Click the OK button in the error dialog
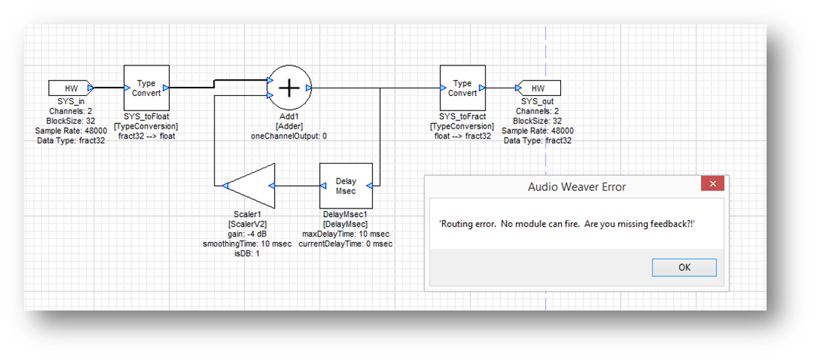[684, 267]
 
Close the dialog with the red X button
[712, 185]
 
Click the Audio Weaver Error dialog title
[576, 186]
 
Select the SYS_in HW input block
[70, 88]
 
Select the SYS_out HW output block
[537, 88]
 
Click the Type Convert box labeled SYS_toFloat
[145, 88]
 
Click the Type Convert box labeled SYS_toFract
[462, 88]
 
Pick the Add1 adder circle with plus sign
[288, 88]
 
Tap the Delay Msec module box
[346, 185]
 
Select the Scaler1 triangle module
[250, 185]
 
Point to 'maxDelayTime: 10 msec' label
[346, 234]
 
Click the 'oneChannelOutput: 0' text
[288, 136]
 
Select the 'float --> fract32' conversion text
[462, 136]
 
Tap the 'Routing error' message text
[567, 222]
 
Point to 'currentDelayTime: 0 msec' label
[346, 244]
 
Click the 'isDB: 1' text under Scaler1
[247, 253]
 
